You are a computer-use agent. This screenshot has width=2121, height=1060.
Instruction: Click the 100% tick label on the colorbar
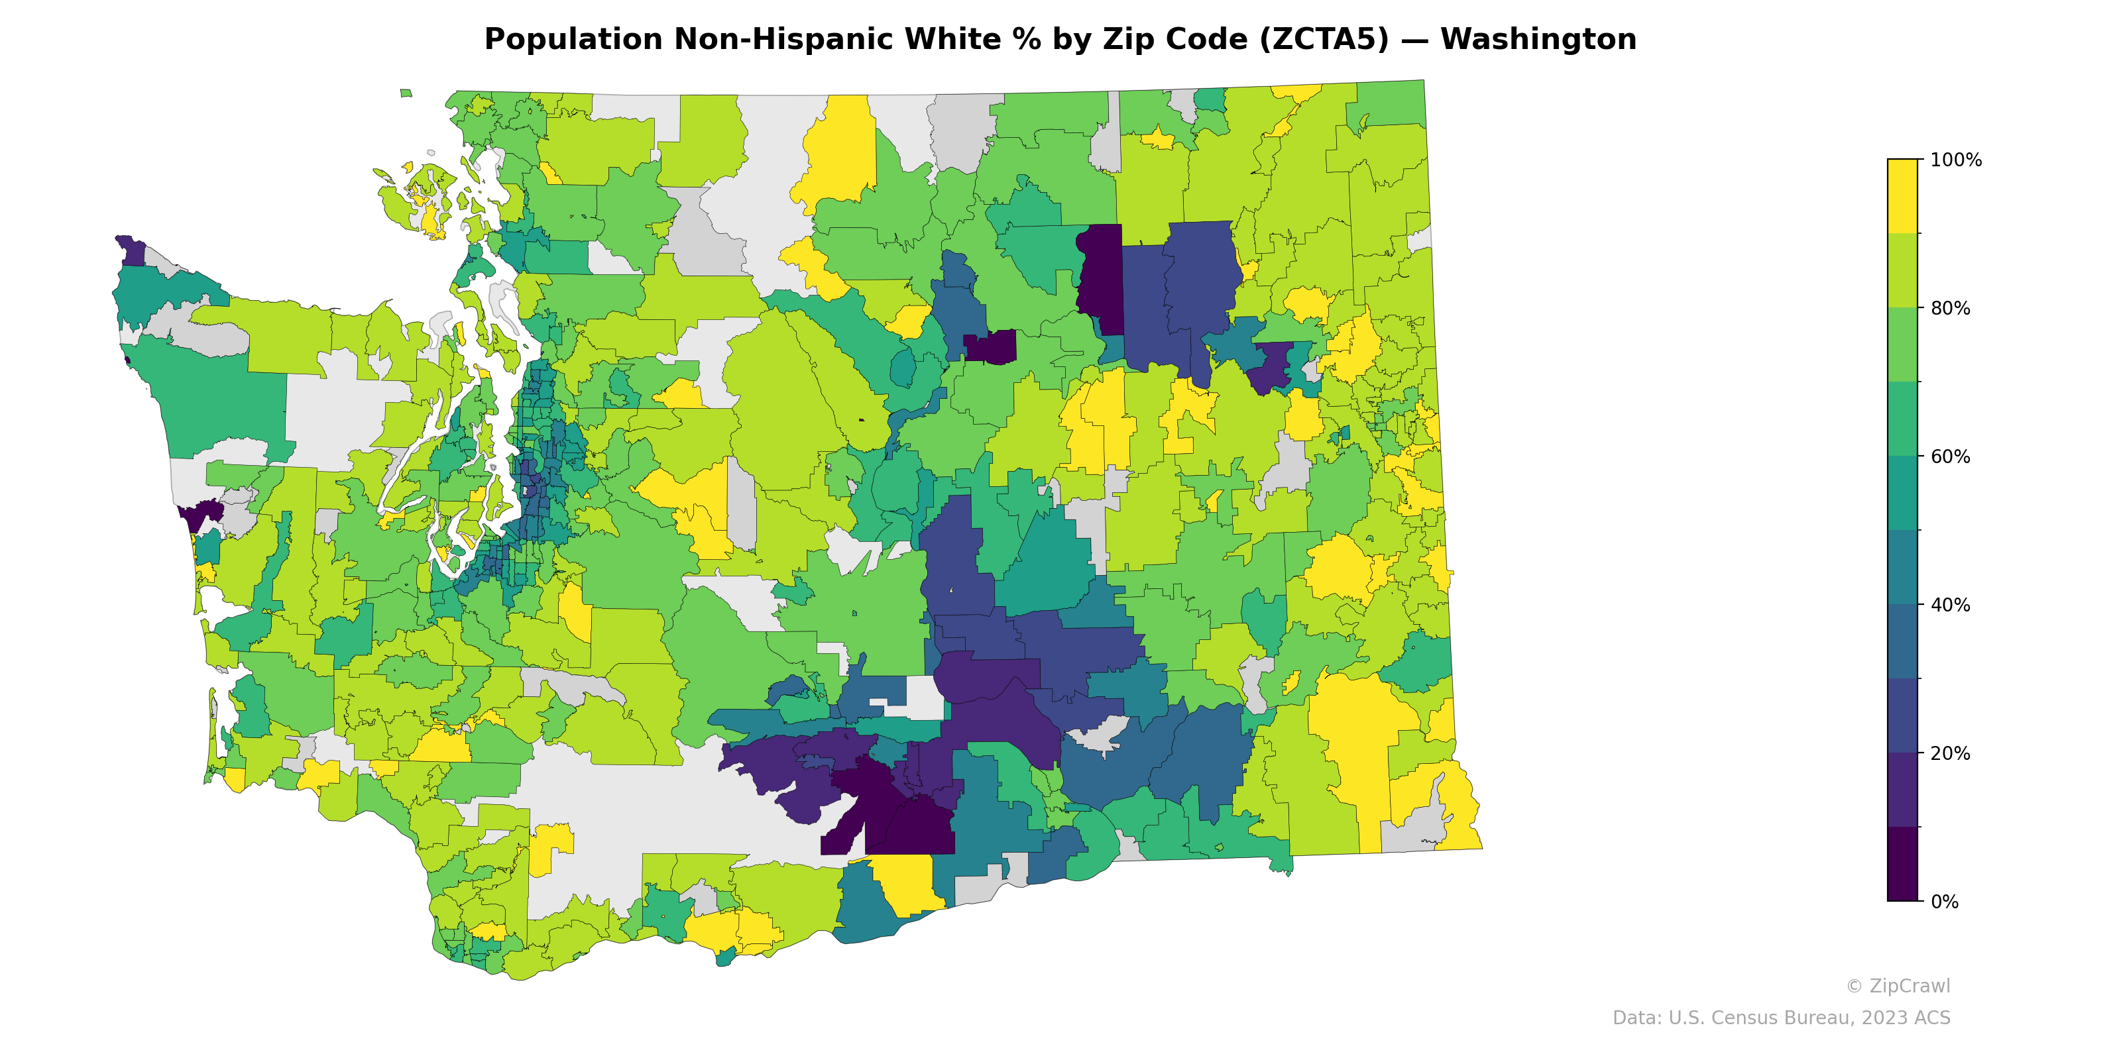(1955, 160)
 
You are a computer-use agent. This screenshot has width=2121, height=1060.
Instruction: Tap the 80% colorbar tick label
(1950, 309)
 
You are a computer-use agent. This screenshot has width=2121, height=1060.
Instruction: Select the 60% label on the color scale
(1950, 456)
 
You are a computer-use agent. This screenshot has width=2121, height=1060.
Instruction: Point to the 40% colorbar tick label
(1950, 605)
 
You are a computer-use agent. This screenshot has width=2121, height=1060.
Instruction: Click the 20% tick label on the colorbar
(1950, 753)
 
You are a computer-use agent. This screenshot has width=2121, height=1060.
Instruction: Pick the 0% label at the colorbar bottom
(1944, 902)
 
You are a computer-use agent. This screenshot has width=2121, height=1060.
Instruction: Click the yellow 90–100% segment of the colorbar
(1902, 196)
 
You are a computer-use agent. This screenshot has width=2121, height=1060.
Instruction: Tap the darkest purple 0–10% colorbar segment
(1902, 864)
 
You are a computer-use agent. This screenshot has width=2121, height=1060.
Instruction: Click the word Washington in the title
(1537, 40)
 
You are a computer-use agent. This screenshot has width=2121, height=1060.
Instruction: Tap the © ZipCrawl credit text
(1897, 986)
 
